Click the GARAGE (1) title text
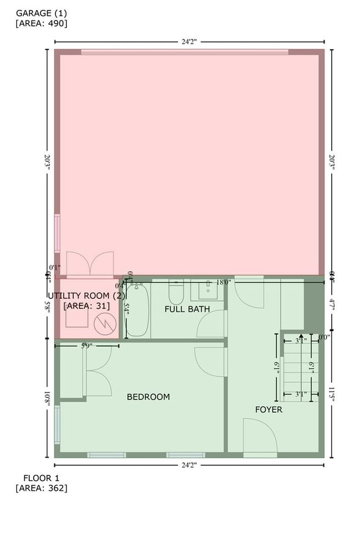[x=41, y=13]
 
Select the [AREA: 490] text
[x=42, y=23]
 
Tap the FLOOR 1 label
[x=42, y=478]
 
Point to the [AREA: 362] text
[x=42, y=488]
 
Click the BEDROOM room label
[x=148, y=397]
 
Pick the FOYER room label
[x=269, y=410]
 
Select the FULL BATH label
[x=187, y=309]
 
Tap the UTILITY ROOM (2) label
[x=85, y=296]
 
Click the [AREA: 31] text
[x=86, y=305]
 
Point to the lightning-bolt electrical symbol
[x=103, y=324]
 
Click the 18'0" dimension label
[x=223, y=282]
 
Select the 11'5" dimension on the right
[x=332, y=393]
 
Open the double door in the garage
[x=90, y=263]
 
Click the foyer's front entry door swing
[x=259, y=437]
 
